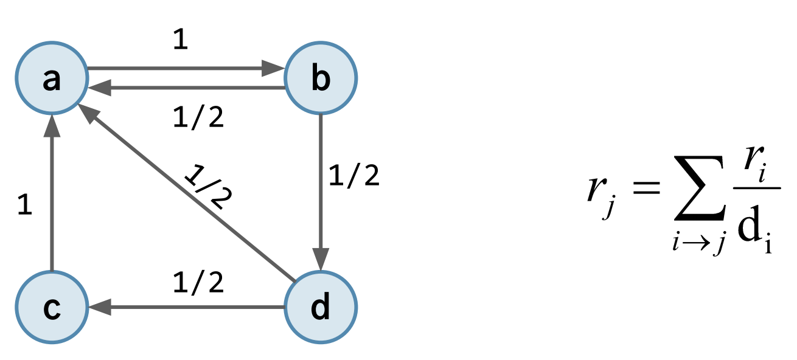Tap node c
click(52, 308)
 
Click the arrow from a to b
click(183, 69)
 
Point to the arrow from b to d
click(321, 182)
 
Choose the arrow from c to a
click(52, 195)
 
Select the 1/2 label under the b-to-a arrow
click(199, 117)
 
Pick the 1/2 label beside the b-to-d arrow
click(353, 176)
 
